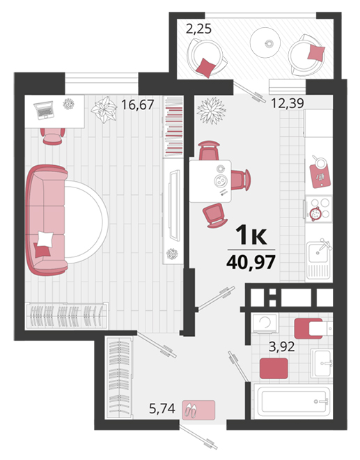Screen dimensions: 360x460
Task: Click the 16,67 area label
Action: tap(137, 105)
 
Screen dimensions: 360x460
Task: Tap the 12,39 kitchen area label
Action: tap(288, 103)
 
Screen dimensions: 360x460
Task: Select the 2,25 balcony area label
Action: tap(198, 29)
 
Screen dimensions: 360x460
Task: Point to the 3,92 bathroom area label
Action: tap(282, 347)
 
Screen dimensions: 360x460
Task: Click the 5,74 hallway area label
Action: tap(162, 408)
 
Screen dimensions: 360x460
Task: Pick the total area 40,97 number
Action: tap(251, 262)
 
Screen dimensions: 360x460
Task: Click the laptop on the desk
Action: tap(44, 109)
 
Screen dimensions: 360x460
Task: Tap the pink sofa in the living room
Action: tap(47, 220)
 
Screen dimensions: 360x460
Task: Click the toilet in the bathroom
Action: tap(313, 328)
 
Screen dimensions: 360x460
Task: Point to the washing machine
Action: tap(265, 323)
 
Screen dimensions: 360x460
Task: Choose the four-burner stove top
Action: tap(319, 209)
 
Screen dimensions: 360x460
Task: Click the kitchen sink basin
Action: tap(318, 252)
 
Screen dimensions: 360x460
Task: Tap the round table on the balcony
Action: tap(265, 43)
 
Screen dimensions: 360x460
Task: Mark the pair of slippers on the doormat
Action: tap(191, 410)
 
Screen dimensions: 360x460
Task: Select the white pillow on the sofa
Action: tap(45, 239)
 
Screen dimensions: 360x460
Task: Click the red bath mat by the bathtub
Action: tap(274, 368)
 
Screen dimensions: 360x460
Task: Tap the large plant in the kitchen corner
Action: tap(212, 111)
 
